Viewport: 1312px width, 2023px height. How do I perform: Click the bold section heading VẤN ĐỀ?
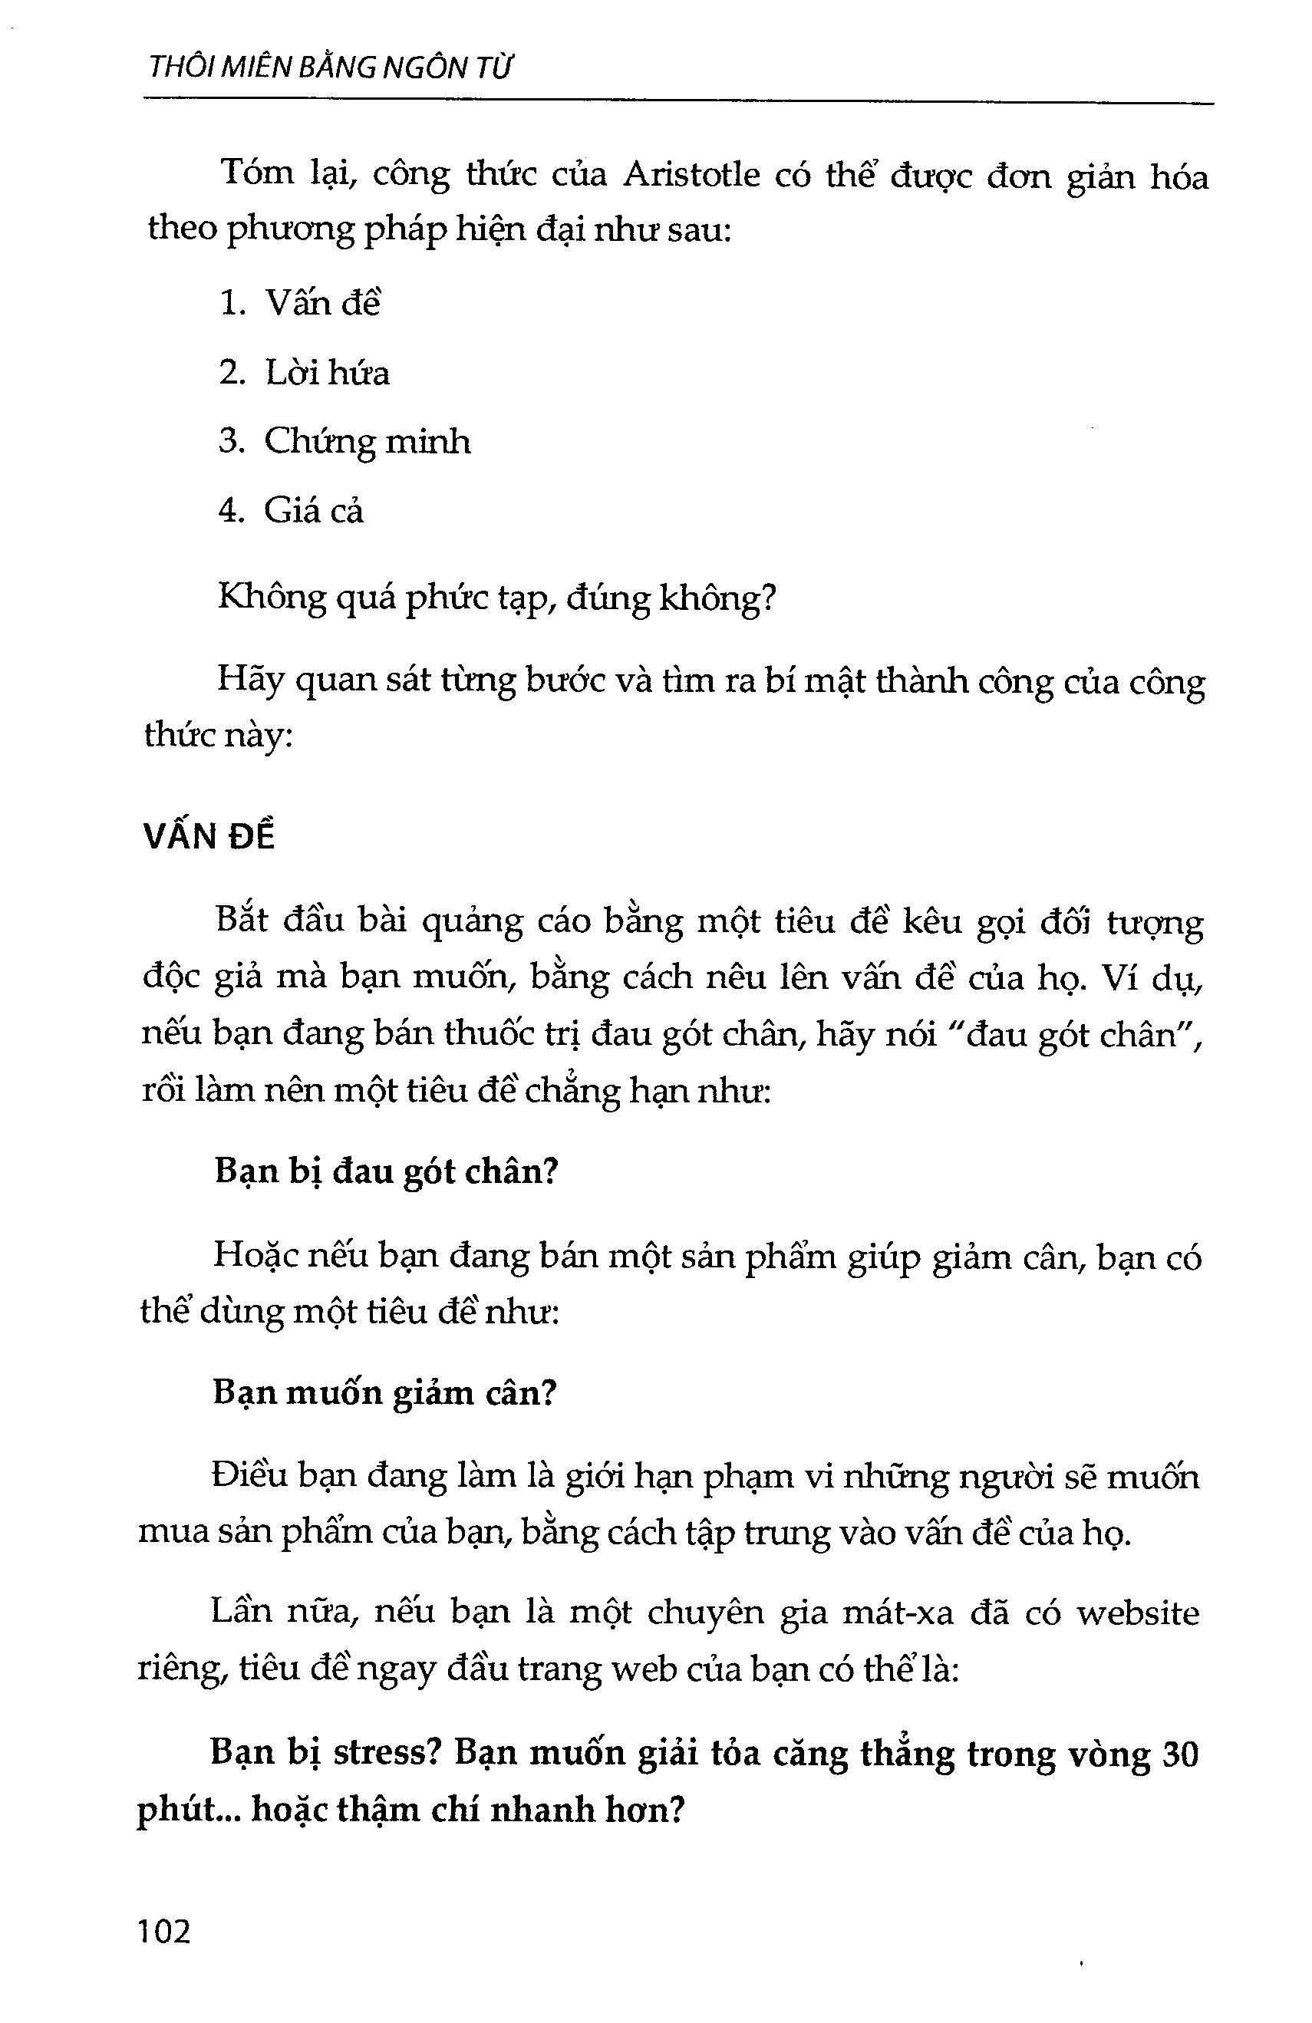tap(209, 837)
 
